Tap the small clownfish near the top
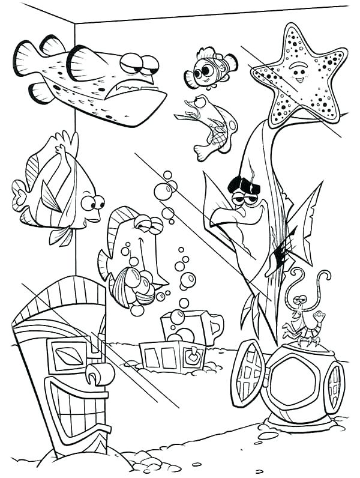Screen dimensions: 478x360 click(211, 68)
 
